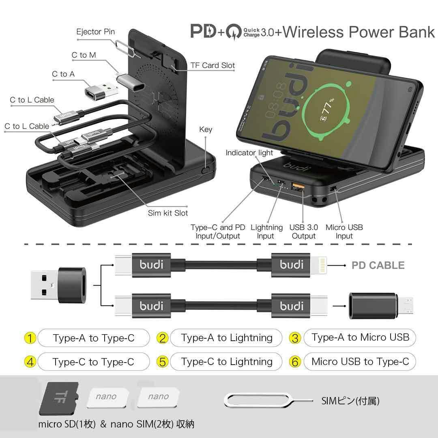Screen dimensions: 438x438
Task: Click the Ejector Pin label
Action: coord(95,32)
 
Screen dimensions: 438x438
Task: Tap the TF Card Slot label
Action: coord(213,65)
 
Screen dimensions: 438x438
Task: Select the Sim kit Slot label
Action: coord(167,213)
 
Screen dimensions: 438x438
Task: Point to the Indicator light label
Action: coord(249,153)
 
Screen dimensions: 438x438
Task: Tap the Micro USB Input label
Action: coord(344,232)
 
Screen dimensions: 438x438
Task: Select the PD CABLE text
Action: coord(378,265)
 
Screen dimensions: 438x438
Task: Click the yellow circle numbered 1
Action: coord(30,338)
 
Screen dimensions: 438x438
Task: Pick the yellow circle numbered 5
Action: coord(163,362)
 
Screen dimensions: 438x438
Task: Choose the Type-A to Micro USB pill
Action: coord(360,337)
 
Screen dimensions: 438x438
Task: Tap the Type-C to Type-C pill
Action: coord(93,362)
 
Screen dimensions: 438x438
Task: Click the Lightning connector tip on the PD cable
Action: coord(321,265)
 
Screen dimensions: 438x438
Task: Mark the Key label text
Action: coord(206,130)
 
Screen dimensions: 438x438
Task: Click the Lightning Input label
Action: coord(266,232)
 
